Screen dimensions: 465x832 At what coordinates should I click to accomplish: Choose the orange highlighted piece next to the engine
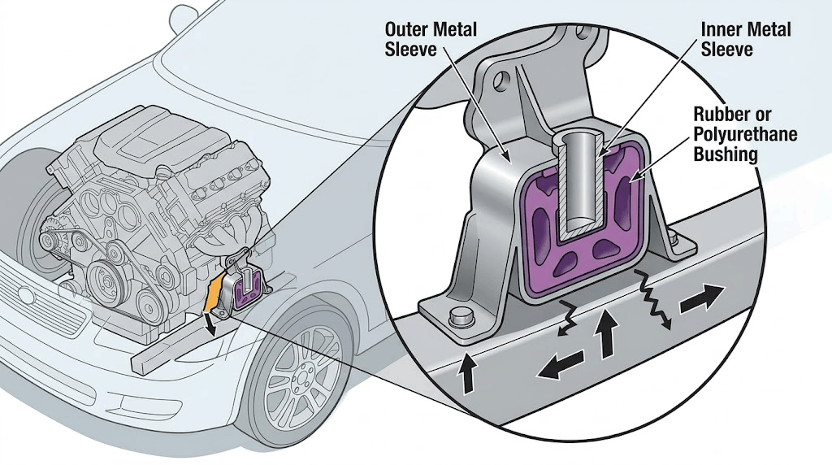(215, 295)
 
